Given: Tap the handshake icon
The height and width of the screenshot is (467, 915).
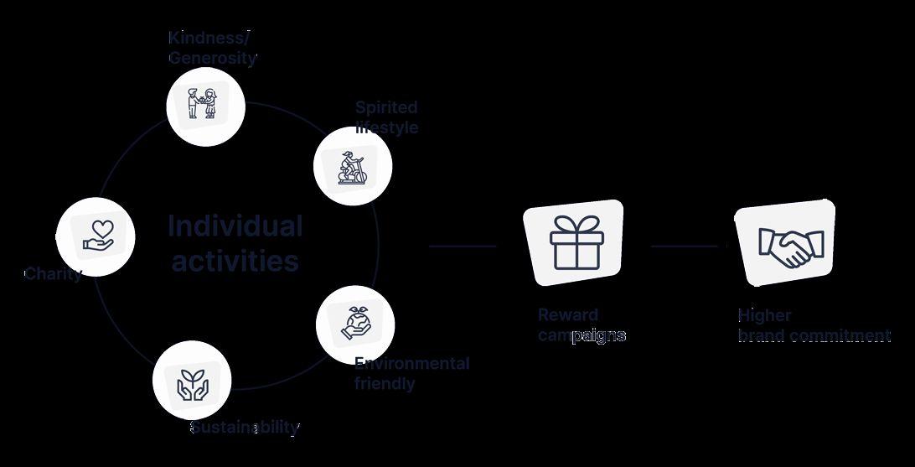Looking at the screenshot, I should click(x=790, y=244).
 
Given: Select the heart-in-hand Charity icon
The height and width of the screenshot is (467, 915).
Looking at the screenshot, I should click(x=98, y=236).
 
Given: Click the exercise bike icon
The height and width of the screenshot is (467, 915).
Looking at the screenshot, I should click(x=352, y=166).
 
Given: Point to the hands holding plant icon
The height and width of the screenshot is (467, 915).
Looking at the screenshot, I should click(x=192, y=381).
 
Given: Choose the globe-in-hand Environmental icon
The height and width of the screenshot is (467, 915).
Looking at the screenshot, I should click(x=355, y=324).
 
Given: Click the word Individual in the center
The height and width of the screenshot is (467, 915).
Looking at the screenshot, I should click(x=235, y=226).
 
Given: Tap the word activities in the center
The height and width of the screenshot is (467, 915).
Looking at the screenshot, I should click(x=235, y=261).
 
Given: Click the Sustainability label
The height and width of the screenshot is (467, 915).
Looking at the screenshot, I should click(x=245, y=427).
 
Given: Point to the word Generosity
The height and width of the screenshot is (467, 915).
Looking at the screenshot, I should click(x=213, y=58).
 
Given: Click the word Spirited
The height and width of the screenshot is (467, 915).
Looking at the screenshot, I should click(x=386, y=107).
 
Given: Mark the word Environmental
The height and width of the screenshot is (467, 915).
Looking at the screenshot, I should click(x=411, y=363).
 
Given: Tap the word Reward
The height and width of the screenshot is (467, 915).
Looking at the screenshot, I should click(x=568, y=315).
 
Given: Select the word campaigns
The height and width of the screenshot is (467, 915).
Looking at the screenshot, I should click(x=582, y=335).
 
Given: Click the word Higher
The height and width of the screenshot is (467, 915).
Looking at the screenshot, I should click(x=764, y=315).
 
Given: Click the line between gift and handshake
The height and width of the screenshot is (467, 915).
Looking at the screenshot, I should click(x=684, y=246).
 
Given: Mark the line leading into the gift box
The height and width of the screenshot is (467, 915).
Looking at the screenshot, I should click(x=463, y=246).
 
